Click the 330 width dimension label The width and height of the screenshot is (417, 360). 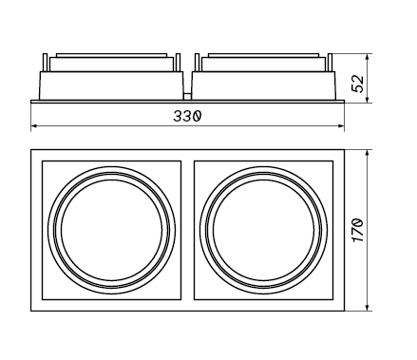point(187,116)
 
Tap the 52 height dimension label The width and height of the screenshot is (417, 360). point(359,84)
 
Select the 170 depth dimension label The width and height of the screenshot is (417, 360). point(358,230)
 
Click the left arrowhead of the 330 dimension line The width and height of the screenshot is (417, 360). point(34,126)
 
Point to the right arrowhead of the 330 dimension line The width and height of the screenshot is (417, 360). point(341,126)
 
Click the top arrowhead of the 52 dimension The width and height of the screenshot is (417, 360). point(367,57)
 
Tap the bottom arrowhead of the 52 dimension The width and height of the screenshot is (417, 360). point(367,100)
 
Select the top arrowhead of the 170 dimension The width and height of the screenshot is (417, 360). point(367,153)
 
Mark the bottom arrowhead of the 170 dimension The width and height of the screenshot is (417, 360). point(367,307)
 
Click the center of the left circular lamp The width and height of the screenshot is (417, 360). point(111,230)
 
